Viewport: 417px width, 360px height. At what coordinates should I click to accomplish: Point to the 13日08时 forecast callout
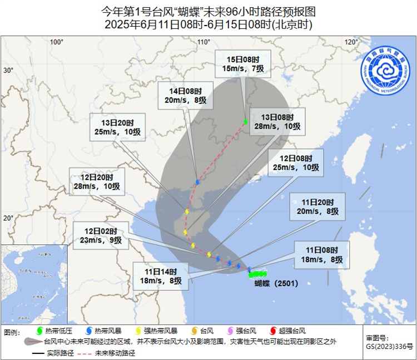coord(276,122)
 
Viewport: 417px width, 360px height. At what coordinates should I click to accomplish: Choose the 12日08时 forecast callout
coord(295,162)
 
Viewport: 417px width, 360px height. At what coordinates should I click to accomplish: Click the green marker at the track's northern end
coord(245,121)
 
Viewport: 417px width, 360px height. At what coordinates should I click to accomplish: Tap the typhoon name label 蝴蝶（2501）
coord(276,283)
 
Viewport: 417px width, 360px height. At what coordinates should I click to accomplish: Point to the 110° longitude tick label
coord(203,42)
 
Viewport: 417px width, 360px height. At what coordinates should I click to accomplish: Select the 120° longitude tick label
coord(350,42)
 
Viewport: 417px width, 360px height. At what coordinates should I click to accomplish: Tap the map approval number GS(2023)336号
coord(389,346)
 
